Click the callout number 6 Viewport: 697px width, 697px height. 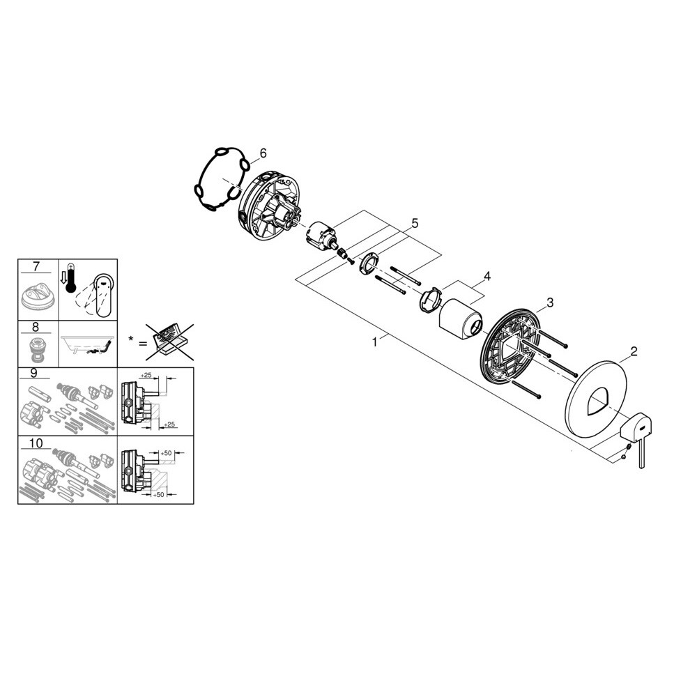263,153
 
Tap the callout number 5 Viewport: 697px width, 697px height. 415,223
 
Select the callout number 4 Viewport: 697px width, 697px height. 487,276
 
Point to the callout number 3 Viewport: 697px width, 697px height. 550,302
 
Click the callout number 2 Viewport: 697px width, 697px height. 634,351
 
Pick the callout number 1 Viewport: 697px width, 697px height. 375,342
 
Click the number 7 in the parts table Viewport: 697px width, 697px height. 36,266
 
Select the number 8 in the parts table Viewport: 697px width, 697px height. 36,327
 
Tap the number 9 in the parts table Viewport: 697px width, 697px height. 34,372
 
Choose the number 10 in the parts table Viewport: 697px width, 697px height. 36,443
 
